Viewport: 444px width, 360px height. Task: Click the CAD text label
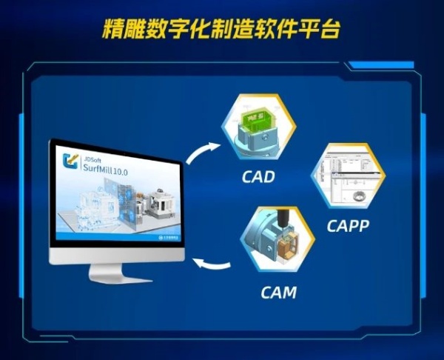click(258, 178)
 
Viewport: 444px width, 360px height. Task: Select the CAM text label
click(278, 292)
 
